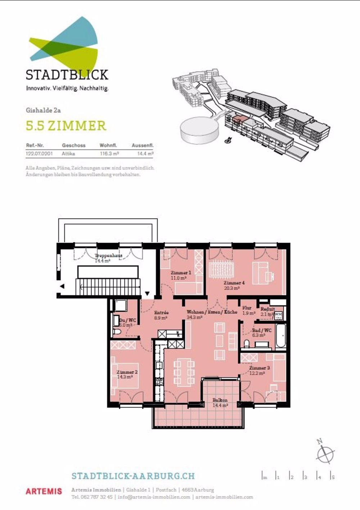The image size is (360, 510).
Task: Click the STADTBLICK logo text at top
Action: (x=67, y=75)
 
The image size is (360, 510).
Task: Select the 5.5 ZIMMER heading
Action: (x=66, y=126)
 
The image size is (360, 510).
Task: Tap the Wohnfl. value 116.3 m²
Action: (x=109, y=153)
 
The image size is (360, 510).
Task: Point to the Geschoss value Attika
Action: (x=68, y=153)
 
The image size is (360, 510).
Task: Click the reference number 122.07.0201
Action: (x=39, y=153)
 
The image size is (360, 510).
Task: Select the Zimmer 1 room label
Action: (x=181, y=273)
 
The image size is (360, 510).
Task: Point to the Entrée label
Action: (x=161, y=313)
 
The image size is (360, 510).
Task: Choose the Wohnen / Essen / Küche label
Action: (x=212, y=312)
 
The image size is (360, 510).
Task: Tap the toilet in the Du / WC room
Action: (x=117, y=332)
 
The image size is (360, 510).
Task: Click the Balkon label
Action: (x=220, y=400)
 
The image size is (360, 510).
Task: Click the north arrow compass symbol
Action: (x=325, y=452)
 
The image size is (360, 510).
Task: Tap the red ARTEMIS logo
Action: (x=44, y=491)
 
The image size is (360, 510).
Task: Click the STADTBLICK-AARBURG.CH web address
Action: (x=133, y=476)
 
